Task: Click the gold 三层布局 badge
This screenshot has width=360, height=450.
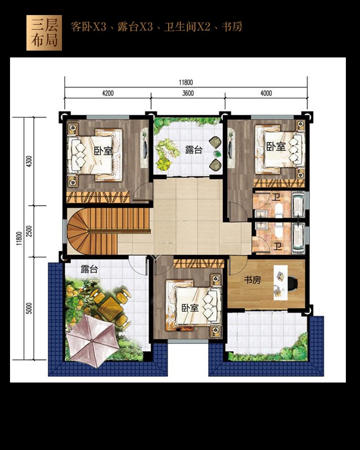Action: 44,33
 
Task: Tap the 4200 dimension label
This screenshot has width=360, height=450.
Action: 108,93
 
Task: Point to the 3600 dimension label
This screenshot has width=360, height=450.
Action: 188,93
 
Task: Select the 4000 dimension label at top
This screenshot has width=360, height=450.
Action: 266,93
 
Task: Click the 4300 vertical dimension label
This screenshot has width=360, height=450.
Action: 29,161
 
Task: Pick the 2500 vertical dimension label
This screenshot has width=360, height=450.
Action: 29,231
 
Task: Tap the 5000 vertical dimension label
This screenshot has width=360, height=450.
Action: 29,308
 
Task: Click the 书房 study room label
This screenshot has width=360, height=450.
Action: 252,279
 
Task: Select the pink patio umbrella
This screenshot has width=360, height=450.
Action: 92,341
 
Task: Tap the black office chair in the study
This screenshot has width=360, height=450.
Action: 293,283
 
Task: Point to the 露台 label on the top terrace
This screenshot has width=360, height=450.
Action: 194,150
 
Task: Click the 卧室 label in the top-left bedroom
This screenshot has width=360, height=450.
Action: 103,150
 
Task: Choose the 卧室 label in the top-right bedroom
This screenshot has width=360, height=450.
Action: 276,147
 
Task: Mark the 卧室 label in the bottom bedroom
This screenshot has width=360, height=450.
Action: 190,308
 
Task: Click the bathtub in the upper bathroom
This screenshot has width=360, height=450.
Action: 298,205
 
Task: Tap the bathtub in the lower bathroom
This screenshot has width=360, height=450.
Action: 298,238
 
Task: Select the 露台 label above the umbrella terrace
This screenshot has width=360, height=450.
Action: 89,269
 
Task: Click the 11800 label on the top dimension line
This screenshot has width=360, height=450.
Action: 186,83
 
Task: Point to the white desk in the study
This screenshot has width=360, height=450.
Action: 280,283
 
